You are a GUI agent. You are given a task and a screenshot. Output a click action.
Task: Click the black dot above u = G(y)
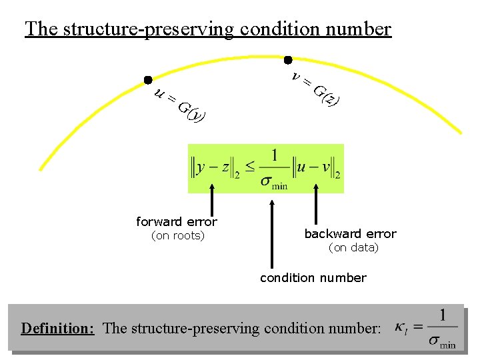click(x=147, y=80)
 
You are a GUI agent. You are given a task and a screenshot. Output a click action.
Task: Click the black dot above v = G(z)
click(x=288, y=59)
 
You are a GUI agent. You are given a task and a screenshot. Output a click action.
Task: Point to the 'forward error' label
click(x=177, y=222)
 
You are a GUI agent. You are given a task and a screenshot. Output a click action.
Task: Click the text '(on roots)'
click(x=178, y=235)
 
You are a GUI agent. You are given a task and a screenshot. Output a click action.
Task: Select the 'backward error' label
click(x=350, y=234)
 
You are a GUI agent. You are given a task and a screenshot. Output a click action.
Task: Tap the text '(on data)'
click(x=353, y=248)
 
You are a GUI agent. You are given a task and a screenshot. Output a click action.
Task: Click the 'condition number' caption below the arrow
click(x=313, y=277)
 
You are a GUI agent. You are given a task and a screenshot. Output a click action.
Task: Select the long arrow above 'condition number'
click(x=271, y=233)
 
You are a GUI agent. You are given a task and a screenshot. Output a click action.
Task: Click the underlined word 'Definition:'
click(x=57, y=328)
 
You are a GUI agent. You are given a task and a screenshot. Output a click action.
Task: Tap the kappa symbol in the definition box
click(x=401, y=327)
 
